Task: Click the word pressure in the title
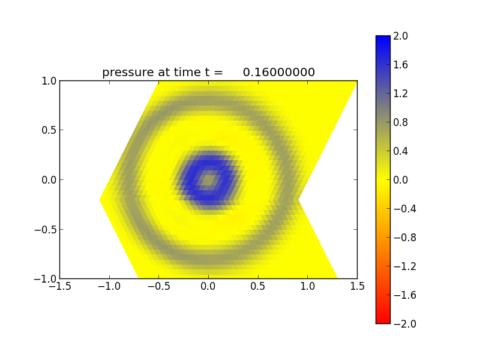(127, 73)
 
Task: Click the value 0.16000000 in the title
(278, 73)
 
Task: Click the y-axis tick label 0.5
(48, 130)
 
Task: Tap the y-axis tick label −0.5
(45, 229)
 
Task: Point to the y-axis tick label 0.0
(48, 179)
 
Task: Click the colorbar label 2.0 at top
(401, 36)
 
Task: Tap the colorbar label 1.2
(401, 94)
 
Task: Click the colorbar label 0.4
(401, 151)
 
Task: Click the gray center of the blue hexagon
(208, 179)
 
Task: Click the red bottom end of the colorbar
(383, 319)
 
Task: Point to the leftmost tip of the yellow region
(101, 199)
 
